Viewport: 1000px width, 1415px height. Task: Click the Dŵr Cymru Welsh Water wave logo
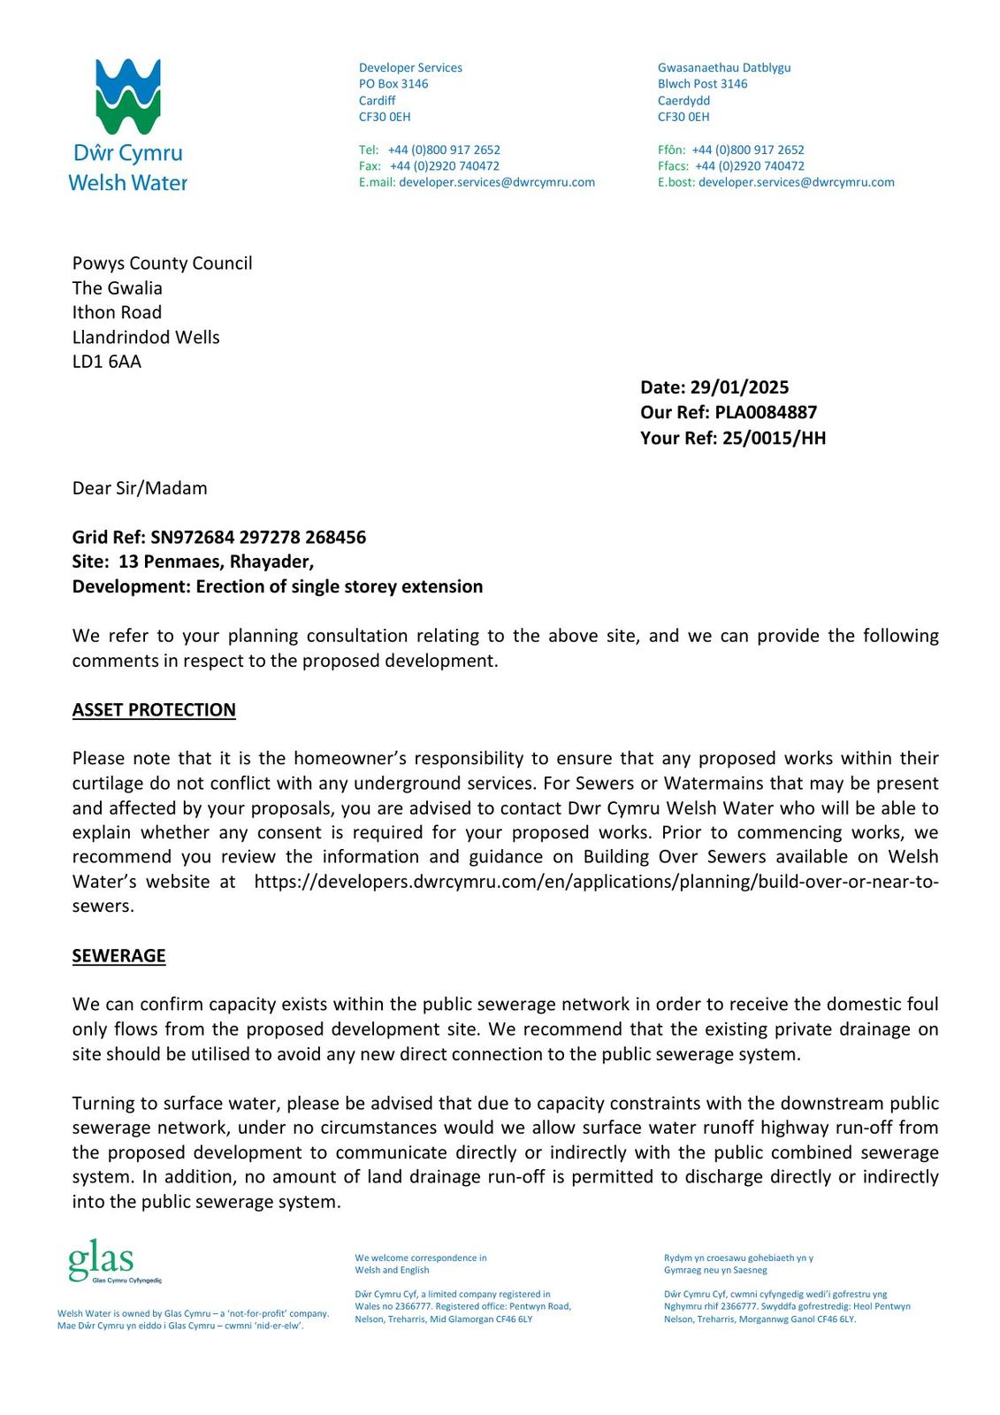point(128,97)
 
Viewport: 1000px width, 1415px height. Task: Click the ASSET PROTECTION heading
point(154,710)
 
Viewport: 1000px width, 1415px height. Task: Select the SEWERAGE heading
point(118,956)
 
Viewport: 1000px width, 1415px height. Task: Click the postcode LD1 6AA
point(107,362)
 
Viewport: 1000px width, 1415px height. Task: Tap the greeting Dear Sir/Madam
point(140,488)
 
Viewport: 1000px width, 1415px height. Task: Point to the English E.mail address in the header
point(496,182)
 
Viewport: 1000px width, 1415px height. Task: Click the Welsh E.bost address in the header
point(796,182)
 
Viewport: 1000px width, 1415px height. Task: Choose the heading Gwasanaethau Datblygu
point(724,68)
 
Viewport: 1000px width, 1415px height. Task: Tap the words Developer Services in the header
point(410,68)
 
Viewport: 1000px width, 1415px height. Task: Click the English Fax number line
point(429,166)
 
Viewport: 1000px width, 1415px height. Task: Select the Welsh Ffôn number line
point(730,150)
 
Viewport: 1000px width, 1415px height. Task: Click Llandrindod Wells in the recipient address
point(146,337)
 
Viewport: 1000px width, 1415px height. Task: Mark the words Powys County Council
point(162,264)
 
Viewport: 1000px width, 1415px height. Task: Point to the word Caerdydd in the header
point(683,101)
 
